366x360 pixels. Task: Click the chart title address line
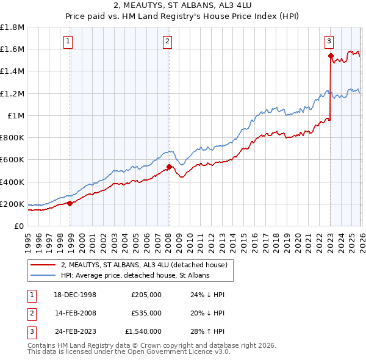coord(182,6)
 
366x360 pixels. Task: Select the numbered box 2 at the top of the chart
coord(167,41)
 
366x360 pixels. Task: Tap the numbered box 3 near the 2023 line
coord(329,41)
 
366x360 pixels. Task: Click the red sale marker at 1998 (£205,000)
coord(70,203)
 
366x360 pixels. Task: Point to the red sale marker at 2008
coord(169,167)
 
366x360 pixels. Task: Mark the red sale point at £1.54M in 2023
coord(330,56)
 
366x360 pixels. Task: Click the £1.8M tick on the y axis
coord(13,27)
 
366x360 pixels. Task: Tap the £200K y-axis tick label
coord(13,204)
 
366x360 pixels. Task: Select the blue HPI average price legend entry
coord(135,276)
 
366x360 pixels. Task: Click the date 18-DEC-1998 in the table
coord(75,295)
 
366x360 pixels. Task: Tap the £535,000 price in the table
coord(146,313)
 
